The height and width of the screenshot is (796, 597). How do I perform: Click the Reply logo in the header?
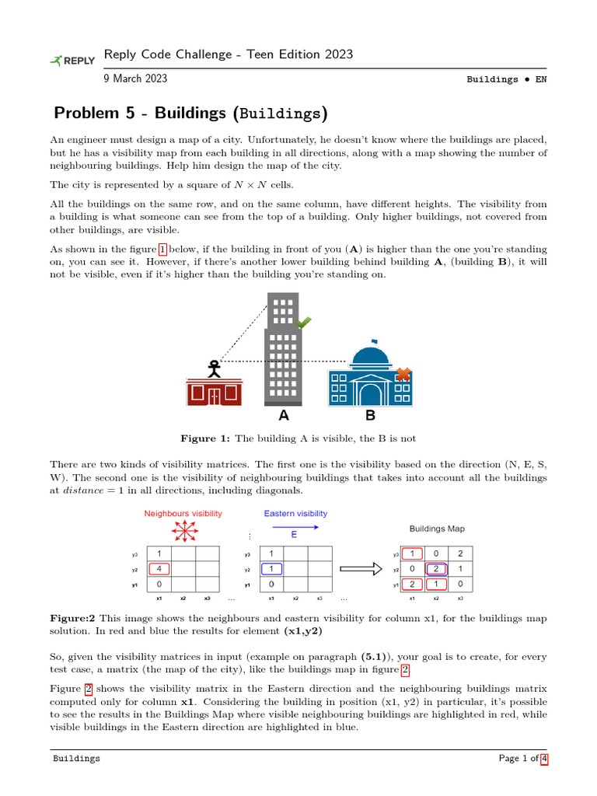tap(72, 60)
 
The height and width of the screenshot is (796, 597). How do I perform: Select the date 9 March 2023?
tap(135, 79)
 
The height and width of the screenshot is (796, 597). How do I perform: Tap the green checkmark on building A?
tap(303, 323)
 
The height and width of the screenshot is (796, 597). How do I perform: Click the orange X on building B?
tap(403, 375)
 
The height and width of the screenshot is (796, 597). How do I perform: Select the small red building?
tap(214, 393)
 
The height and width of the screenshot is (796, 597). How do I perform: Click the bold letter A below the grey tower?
tap(284, 416)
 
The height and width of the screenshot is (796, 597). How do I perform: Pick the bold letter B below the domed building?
tap(370, 416)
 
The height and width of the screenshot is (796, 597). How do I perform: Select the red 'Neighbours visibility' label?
tap(183, 514)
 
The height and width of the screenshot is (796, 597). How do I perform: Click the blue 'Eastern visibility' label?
tap(295, 514)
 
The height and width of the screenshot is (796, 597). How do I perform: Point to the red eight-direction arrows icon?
tap(183, 532)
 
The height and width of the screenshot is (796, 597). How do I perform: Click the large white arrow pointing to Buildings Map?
tap(361, 569)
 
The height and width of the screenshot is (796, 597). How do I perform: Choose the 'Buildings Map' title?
tap(437, 529)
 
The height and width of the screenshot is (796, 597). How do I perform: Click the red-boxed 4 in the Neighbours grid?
tap(159, 569)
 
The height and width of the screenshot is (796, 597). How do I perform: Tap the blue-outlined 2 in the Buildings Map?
tap(437, 569)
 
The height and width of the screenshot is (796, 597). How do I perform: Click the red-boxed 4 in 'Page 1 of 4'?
tap(544, 759)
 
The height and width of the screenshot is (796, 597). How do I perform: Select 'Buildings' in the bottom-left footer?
tap(76, 759)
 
